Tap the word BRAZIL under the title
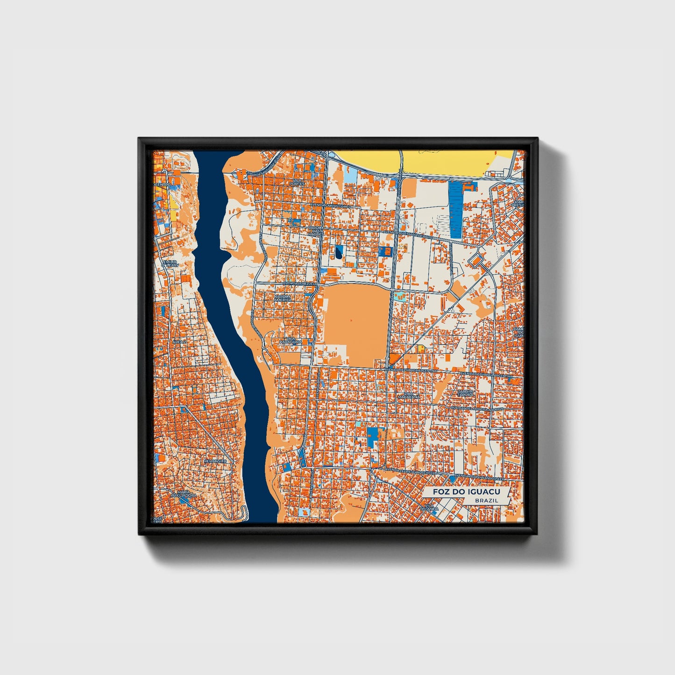486,500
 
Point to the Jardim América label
283,298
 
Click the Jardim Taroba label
465,392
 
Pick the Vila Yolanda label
431,507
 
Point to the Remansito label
215,461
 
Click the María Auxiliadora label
184,494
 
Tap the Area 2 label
179,342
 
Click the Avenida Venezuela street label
300,284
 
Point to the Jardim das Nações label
316,231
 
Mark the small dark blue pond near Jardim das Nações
338,253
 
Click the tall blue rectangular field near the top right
455,210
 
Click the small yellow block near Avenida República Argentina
421,348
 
